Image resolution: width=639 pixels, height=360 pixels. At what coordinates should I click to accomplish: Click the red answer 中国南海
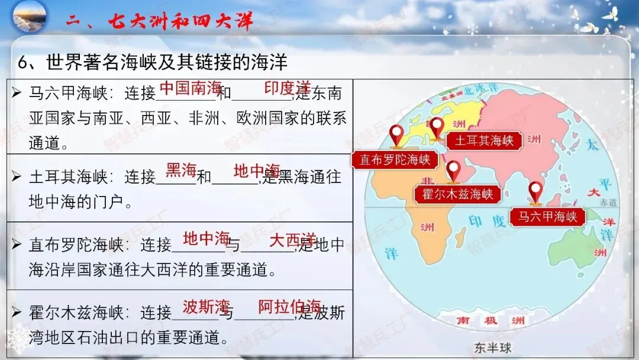pyautogui.click(x=191, y=88)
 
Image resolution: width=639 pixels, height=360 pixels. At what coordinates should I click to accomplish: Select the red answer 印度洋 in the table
pyautogui.click(x=288, y=88)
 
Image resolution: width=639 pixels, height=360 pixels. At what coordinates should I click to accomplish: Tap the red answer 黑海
pyautogui.click(x=181, y=171)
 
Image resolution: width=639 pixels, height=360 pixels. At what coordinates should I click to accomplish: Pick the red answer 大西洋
pyautogui.click(x=292, y=240)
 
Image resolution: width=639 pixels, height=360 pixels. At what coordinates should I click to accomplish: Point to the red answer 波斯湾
pyautogui.click(x=206, y=307)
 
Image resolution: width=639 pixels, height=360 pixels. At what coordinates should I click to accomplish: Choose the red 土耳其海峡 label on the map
pyautogui.click(x=484, y=141)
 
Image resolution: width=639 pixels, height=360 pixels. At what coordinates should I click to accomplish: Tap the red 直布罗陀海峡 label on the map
pyautogui.click(x=394, y=160)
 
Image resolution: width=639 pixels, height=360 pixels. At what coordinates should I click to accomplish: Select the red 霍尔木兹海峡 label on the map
pyautogui.click(x=457, y=194)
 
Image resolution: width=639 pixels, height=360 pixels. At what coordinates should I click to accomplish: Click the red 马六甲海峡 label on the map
pyautogui.click(x=547, y=217)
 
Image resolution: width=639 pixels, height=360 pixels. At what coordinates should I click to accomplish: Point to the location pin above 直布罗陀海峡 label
pyautogui.click(x=396, y=136)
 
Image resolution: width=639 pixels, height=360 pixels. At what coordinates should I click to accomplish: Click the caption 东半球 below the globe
pyautogui.click(x=488, y=348)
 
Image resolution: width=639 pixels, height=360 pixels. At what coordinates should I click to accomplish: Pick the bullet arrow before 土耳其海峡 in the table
pyautogui.click(x=17, y=176)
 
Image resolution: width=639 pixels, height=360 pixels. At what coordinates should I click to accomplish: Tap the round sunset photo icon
pyautogui.click(x=28, y=18)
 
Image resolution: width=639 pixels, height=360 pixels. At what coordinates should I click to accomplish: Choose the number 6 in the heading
pyautogui.click(x=24, y=62)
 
